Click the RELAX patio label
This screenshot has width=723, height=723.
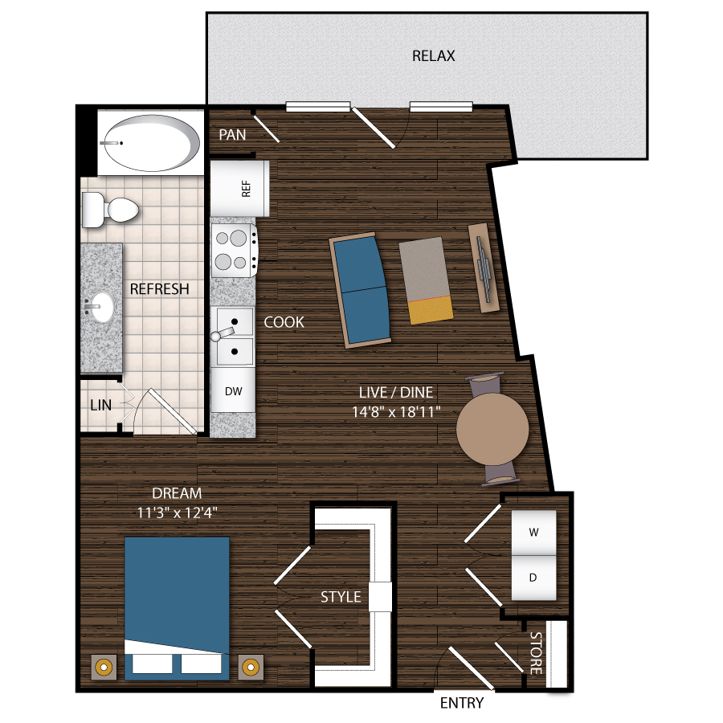pos(433,56)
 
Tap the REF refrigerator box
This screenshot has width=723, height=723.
pos(239,188)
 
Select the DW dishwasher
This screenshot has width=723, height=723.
pos(233,391)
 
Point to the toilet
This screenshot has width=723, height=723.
pos(111,209)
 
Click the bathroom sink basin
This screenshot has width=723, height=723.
pos(101,306)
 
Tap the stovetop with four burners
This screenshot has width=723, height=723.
pos(234,249)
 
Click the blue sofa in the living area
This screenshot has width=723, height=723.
pos(361,289)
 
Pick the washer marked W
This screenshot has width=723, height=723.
pos(533,532)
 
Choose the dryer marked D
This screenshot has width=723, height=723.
pos(533,578)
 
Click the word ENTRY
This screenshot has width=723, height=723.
pos(462,704)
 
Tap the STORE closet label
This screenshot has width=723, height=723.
pos(536,653)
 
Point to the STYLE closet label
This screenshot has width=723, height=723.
pos(341,597)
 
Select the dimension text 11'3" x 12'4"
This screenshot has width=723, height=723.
pos(178,509)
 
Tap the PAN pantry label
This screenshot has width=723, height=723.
pos(233,135)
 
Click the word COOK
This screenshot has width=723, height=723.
pos(284,322)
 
